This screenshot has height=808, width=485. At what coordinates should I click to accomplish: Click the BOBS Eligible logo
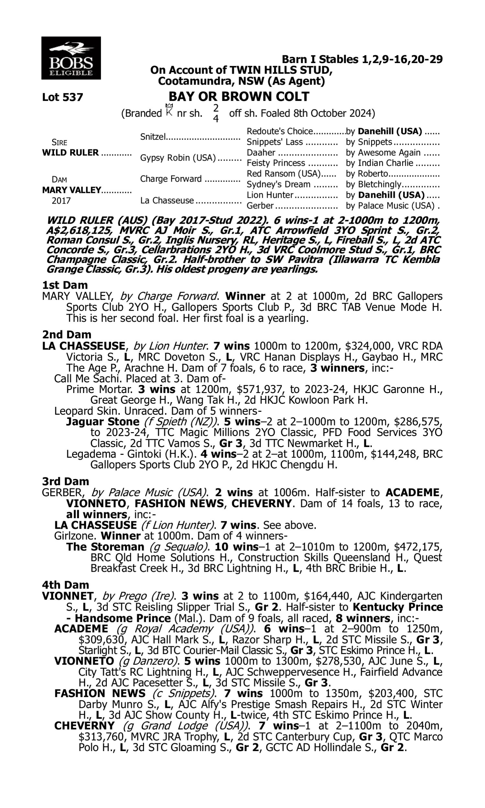tap(71, 58)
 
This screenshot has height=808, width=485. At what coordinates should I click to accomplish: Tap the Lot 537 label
tap(62, 97)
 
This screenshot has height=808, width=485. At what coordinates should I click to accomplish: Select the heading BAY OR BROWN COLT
tap(239, 97)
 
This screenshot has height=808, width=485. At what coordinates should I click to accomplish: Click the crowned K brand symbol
tap(169, 111)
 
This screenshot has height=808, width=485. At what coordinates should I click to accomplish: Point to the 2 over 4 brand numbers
tap(216, 113)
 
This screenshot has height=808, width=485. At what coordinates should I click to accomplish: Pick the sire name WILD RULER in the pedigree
tap(70, 153)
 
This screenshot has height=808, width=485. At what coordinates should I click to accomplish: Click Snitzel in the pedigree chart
tap(153, 137)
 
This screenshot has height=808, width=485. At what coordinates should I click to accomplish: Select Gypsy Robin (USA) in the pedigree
tap(178, 158)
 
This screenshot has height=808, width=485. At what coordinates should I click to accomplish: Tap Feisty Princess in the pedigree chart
tap(275, 163)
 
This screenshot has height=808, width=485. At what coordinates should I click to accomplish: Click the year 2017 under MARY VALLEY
tap(61, 200)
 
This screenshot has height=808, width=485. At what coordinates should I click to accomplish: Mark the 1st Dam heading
tap(65, 285)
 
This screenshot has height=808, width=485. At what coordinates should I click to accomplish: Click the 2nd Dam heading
tap(66, 335)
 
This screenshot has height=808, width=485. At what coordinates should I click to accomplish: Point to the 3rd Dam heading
tap(65, 481)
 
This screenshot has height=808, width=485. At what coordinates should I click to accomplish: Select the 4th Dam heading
tap(65, 585)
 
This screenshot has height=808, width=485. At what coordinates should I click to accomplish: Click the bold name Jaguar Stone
tap(102, 422)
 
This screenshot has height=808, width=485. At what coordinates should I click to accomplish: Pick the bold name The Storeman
tap(105, 547)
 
